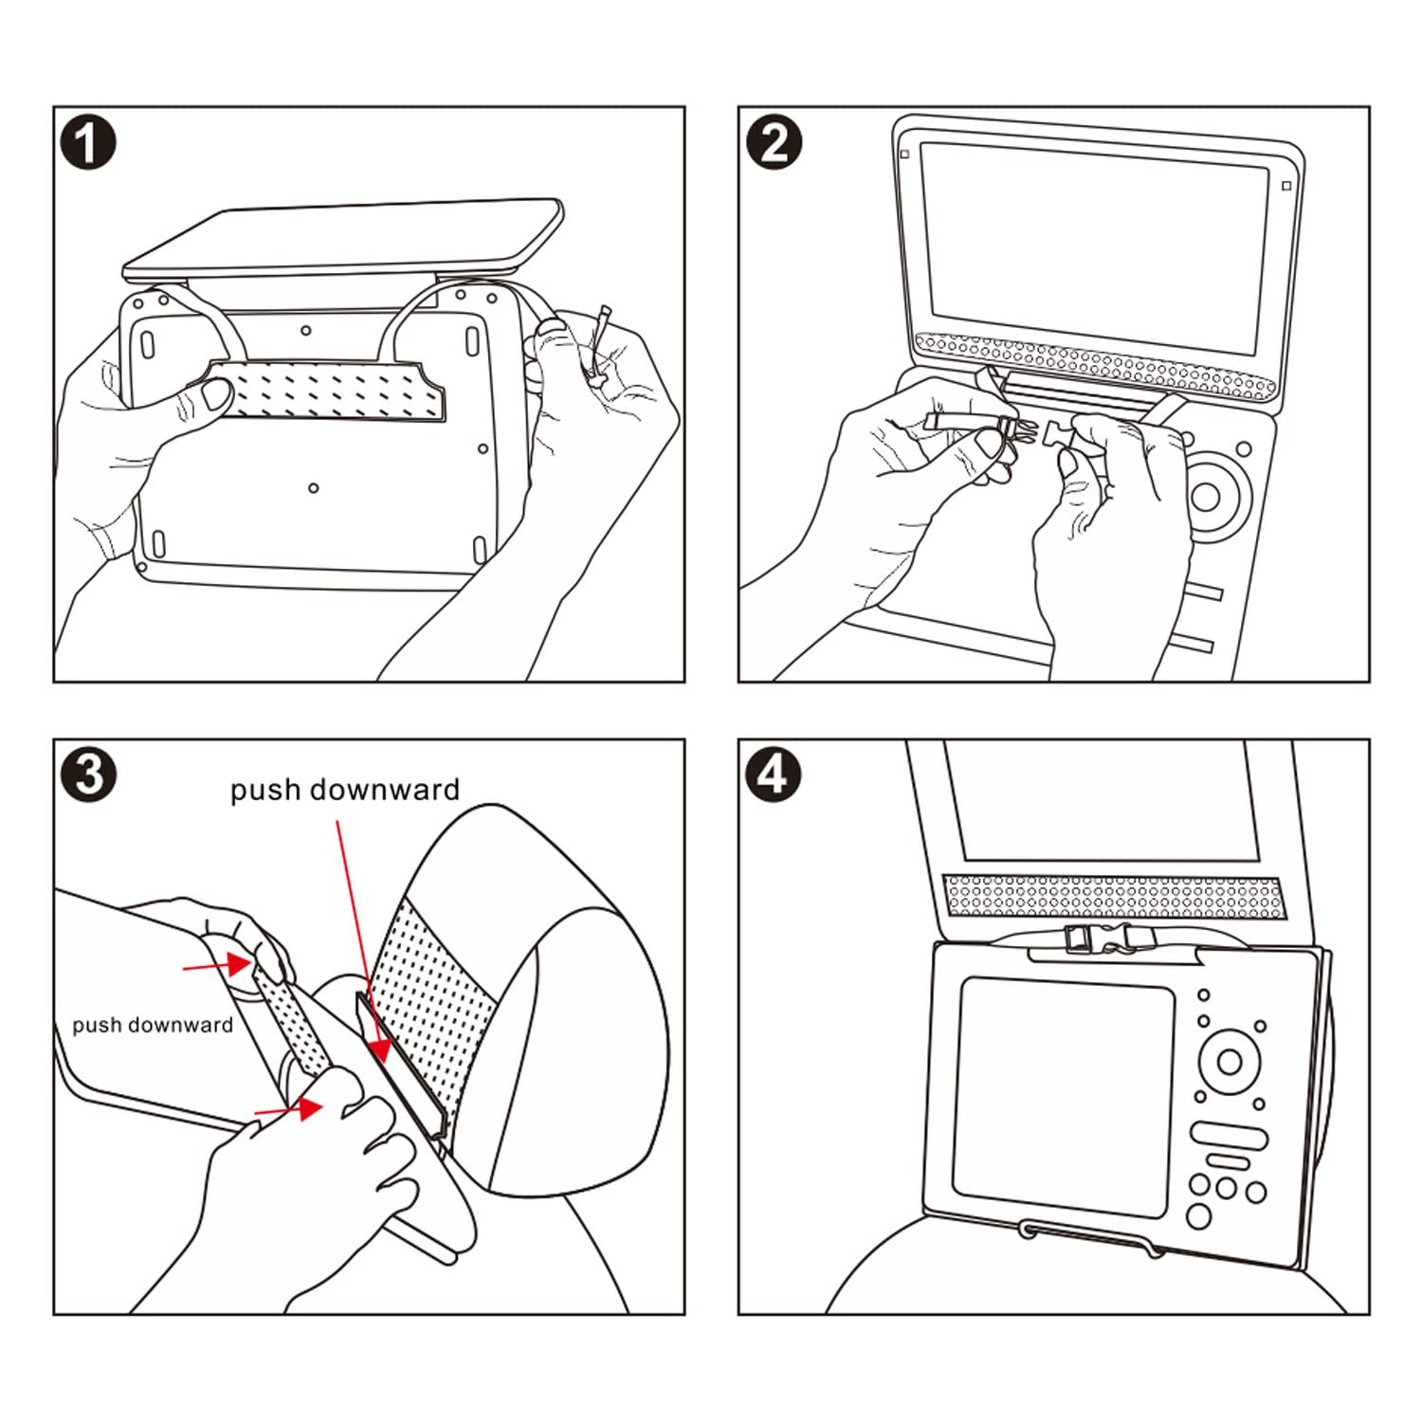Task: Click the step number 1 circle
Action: point(88,143)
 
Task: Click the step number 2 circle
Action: point(774,143)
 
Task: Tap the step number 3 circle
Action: point(88,775)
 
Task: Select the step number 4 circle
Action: point(773,775)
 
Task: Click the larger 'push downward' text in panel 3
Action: point(345,790)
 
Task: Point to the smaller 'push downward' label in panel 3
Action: point(153,1025)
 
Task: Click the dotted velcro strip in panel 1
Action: point(327,390)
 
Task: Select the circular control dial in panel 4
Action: point(1229,1061)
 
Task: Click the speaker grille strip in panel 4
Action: point(1113,896)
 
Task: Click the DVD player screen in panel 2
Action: point(1094,235)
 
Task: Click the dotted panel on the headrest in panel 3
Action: point(431,1005)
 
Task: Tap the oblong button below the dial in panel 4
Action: point(1228,1135)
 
